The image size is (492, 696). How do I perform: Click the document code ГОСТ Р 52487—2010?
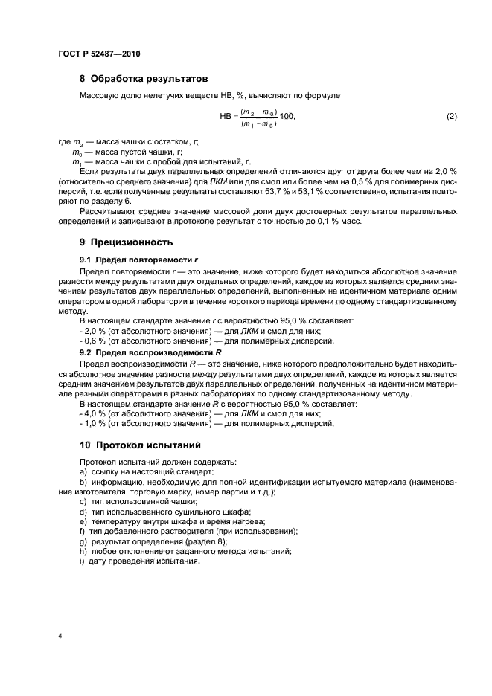[x=100, y=54]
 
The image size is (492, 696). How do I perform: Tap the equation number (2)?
[x=450, y=117]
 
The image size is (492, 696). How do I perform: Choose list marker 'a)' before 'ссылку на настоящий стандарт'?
[x=83, y=472]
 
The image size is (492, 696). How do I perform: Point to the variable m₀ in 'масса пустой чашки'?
[x=76, y=151]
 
